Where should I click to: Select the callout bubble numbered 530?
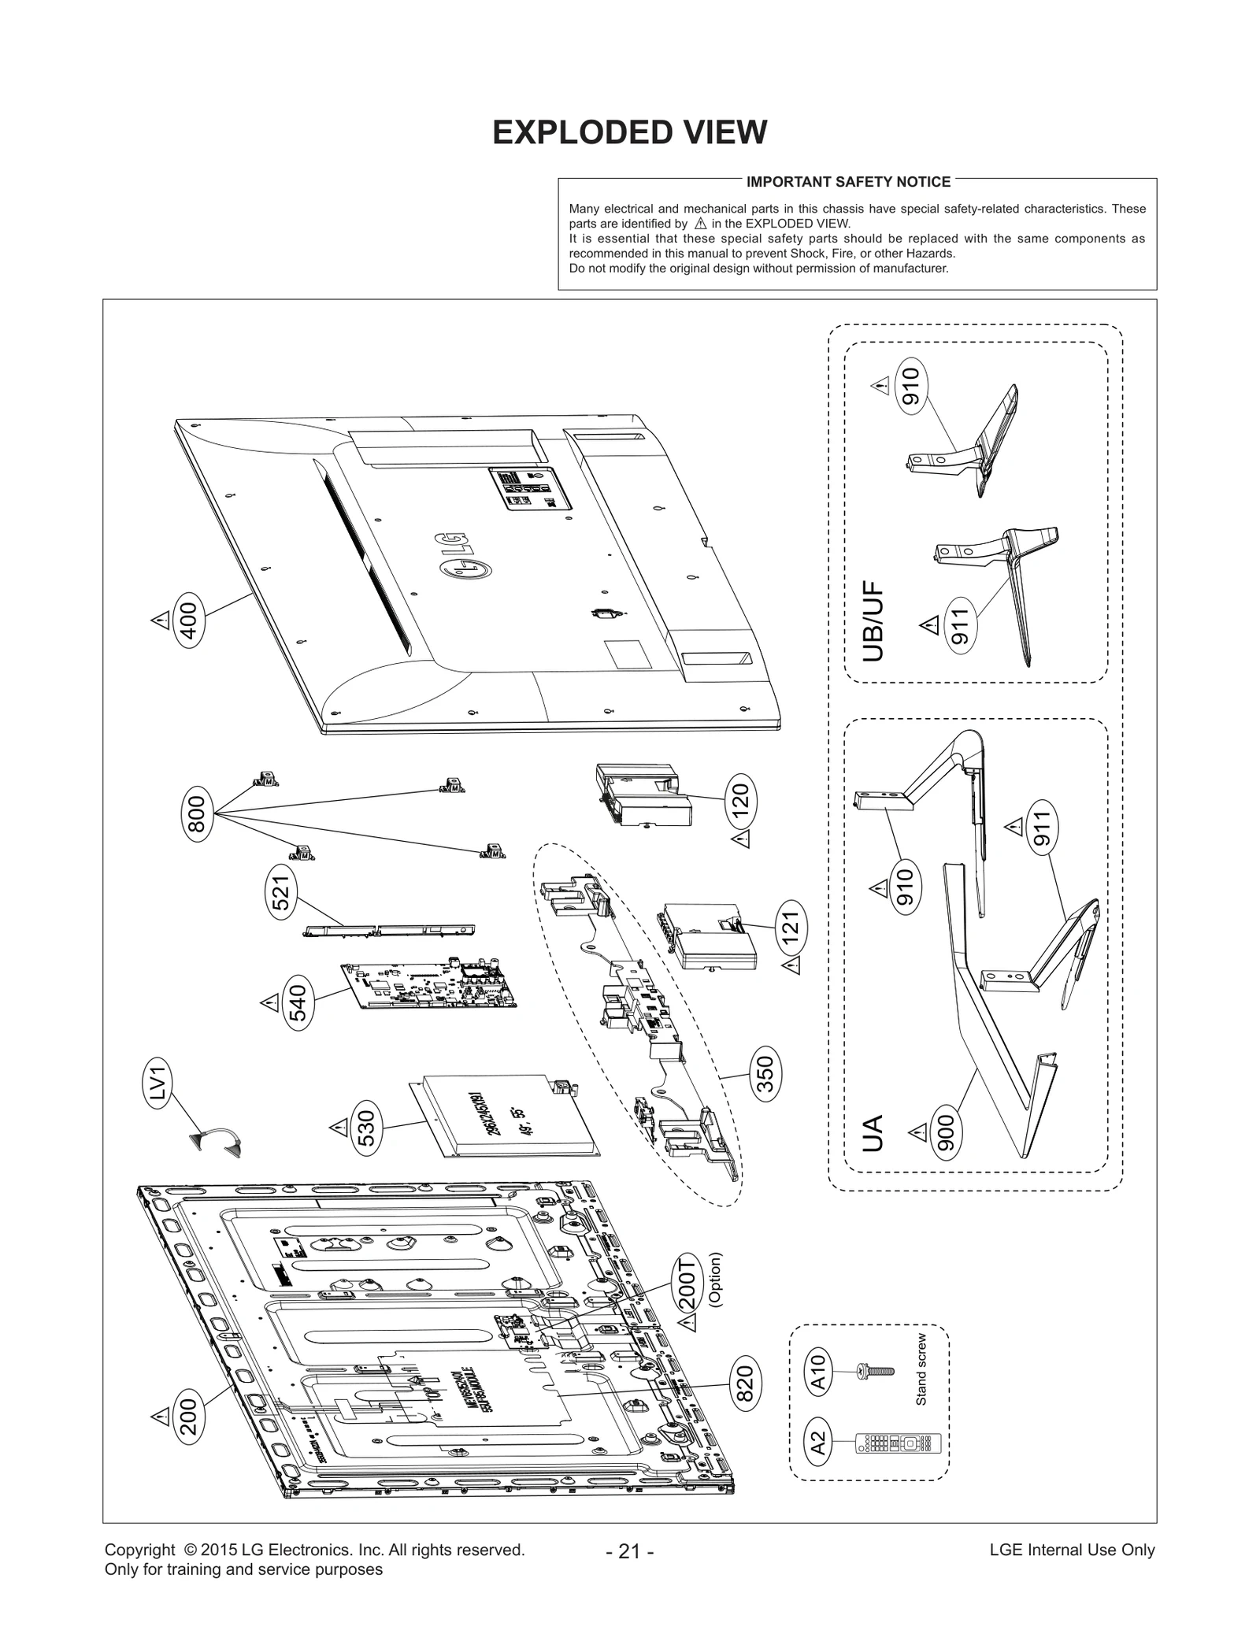point(369,1128)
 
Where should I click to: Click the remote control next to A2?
point(899,1444)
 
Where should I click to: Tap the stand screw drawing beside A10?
point(873,1372)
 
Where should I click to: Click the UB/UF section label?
point(873,621)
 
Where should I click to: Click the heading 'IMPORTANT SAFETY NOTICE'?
point(848,182)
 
